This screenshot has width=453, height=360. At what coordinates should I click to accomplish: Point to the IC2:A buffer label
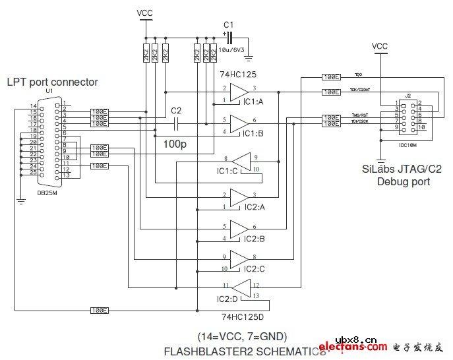point(255,207)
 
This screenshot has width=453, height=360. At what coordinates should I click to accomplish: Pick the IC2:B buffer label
point(255,239)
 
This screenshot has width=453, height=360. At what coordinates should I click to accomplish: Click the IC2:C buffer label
point(255,269)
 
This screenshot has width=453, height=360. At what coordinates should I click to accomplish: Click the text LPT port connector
point(53,82)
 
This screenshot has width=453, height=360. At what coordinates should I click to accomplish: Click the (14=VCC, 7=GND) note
point(243,335)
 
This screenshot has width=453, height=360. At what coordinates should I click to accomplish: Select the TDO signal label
point(359,74)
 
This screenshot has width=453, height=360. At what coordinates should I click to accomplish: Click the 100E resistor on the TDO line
point(331,77)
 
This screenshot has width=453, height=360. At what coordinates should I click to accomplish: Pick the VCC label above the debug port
point(380,46)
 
